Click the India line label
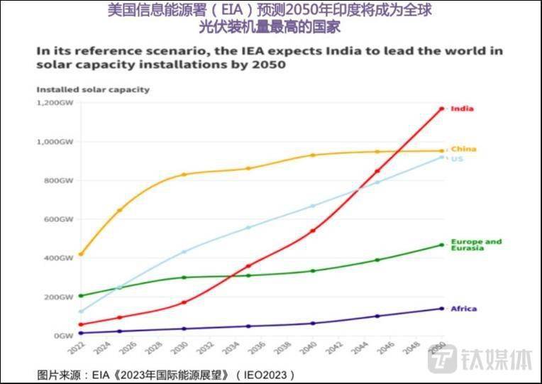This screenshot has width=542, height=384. pos(462,109)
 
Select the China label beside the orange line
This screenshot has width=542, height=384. pos(463,149)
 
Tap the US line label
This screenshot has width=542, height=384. pos(457,158)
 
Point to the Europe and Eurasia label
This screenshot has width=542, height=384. pos(475,244)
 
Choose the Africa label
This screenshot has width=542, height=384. pos(463,309)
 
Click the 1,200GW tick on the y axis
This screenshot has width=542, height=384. pos(55,103)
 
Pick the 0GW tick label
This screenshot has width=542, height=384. pos(65,335)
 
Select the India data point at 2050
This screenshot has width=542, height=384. pos(441,109)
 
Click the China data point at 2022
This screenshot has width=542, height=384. pos(81,253)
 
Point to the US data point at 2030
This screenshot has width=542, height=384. pos(184,252)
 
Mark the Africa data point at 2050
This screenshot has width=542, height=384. pos(441,308)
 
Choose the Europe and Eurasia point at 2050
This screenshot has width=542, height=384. pos(441,245)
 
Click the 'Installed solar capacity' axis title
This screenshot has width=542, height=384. pos(93,89)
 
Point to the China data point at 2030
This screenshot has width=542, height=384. pos(184,175)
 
